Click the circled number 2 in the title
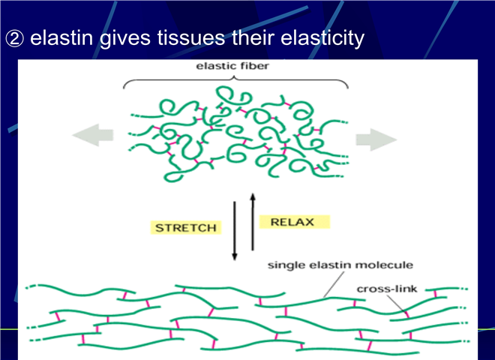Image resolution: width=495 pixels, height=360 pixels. click(x=14, y=39)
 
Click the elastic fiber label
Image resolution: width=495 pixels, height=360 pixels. click(x=232, y=66)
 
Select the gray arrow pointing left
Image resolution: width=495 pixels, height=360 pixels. click(x=93, y=135)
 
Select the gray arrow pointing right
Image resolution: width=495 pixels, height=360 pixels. click(x=376, y=139)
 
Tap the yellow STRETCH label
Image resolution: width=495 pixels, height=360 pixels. click(x=186, y=228)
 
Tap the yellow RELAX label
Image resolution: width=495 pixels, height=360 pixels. click(x=294, y=222)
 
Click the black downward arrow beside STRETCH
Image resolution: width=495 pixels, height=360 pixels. click(x=234, y=231)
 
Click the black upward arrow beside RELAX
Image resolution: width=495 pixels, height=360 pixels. click(x=253, y=222)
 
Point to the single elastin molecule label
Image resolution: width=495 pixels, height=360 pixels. click(x=340, y=265)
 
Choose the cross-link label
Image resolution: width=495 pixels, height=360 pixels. click(x=387, y=289)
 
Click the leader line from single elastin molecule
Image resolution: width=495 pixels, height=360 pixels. click(x=334, y=284)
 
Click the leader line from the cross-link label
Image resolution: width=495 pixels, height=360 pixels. click(x=397, y=304)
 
